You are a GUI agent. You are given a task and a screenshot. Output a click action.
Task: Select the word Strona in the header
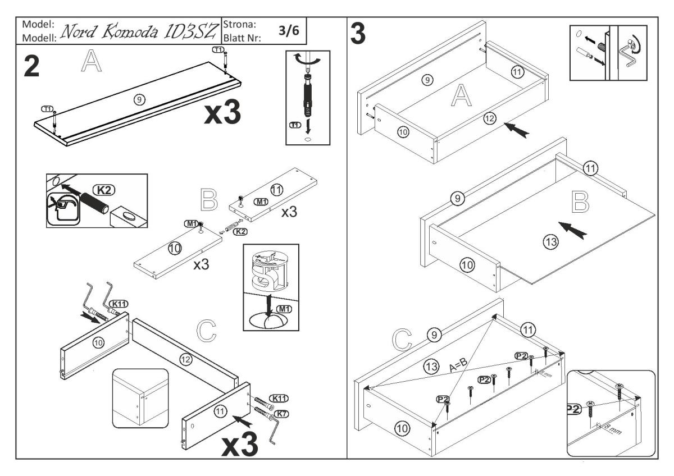point(240,25)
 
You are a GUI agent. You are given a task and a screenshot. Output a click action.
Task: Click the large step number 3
point(359,34)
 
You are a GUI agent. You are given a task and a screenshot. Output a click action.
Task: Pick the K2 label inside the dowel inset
point(103,190)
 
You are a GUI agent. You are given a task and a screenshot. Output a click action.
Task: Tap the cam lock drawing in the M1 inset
point(270,273)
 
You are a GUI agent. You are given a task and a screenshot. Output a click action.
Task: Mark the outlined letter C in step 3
point(404,339)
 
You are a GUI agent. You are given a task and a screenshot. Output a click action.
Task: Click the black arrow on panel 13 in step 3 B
point(577,230)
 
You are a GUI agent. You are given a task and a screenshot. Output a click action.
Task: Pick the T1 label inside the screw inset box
point(294,124)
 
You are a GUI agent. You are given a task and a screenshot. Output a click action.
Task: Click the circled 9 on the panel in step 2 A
point(140,99)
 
